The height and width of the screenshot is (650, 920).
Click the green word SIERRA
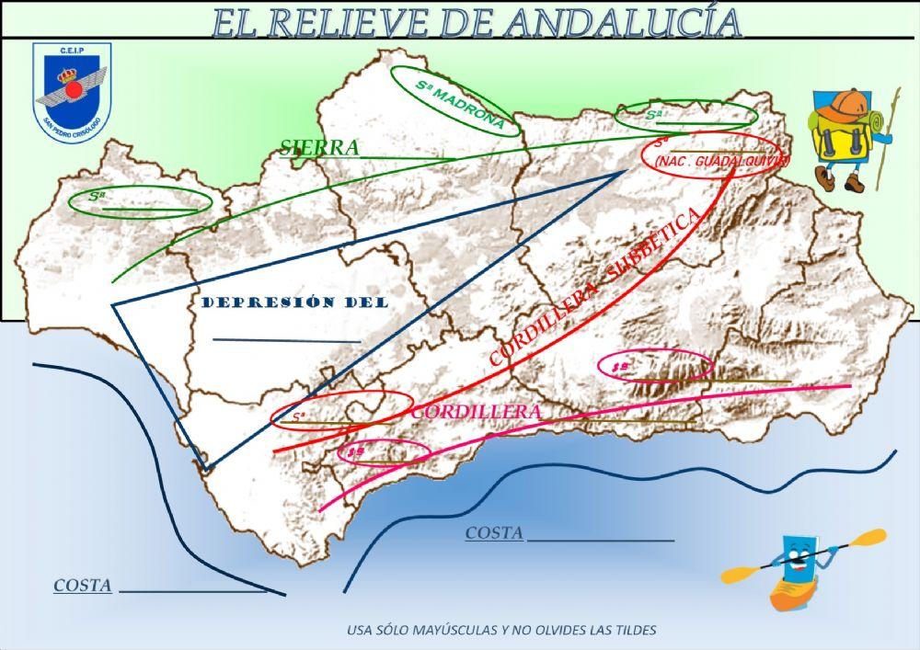pyautogui.click(x=319, y=147)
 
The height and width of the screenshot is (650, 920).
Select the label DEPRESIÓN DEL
pyautogui.click(x=294, y=302)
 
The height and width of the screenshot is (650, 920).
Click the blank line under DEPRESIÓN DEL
pyautogui.click(x=286, y=341)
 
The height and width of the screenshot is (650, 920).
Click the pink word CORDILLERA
pyautogui.click(x=476, y=412)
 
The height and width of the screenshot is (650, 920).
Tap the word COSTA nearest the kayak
pyautogui.click(x=494, y=533)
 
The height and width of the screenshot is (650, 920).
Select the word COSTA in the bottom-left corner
pyautogui.click(x=83, y=586)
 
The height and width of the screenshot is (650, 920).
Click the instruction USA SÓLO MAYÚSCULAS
pyautogui.click(x=501, y=631)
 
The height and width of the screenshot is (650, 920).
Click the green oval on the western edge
pyautogui.click(x=139, y=201)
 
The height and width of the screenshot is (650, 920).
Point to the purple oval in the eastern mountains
pyautogui.click(x=655, y=366)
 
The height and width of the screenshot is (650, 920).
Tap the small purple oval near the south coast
pyautogui.click(x=384, y=451)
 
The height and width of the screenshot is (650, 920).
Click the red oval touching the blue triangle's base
pyautogui.click(x=342, y=410)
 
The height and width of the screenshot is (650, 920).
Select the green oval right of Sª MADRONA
pyautogui.click(x=685, y=116)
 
